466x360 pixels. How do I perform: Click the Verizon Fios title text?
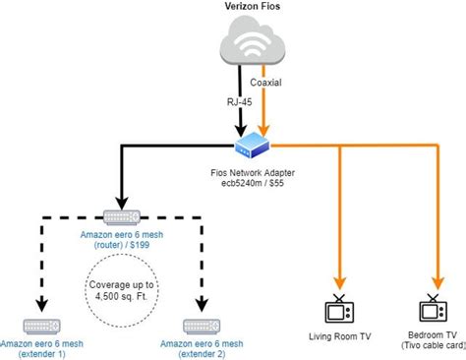click(239, 9)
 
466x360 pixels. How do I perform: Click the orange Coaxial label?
click(268, 83)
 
